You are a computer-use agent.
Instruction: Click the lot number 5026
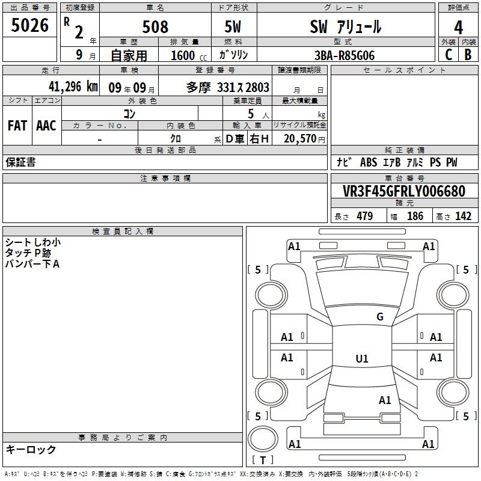point(29,25)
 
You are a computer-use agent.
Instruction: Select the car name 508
point(155,26)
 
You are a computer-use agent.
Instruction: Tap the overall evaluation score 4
point(458,28)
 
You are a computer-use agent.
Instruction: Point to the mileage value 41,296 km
point(73,87)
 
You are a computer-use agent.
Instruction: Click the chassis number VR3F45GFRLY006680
point(404,191)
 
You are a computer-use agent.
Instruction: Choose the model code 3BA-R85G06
point(345,55)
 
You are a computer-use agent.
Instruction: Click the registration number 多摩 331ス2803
point(228,87)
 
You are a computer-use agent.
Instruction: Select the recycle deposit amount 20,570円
point(304,139)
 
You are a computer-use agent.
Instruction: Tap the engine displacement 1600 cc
point(189,55)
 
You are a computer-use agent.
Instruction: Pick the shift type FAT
point(17,126)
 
